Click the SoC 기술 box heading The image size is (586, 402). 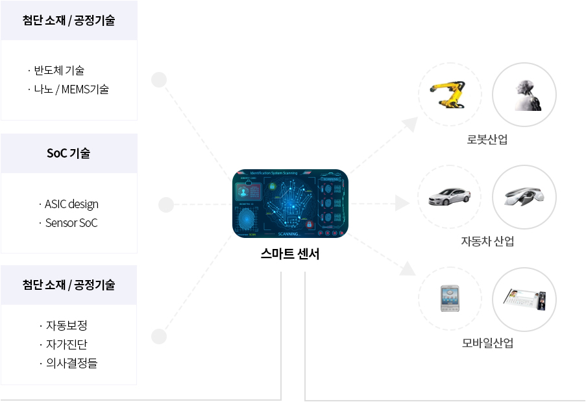[x=69, y=154]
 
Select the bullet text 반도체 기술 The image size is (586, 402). [x=59, y=70]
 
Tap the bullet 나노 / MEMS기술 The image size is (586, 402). [x=71, y=89]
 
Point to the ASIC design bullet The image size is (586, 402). [x=71, y=204]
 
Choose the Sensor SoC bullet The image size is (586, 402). [x=71, y=222]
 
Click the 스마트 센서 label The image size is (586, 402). [x=290, y=254]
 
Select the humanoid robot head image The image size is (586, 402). [x=524, y=95]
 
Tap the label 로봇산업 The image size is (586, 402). [x=487, y=139]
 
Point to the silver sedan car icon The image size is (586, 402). [x=450, y=196]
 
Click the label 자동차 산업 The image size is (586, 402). [x=487, y=241]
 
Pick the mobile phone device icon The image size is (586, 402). [x=450, y=298]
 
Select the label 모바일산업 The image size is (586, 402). [x=487, y=343]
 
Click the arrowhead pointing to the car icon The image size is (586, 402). [x=404, y=204]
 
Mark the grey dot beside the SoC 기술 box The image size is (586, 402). [x=166, y=205]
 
